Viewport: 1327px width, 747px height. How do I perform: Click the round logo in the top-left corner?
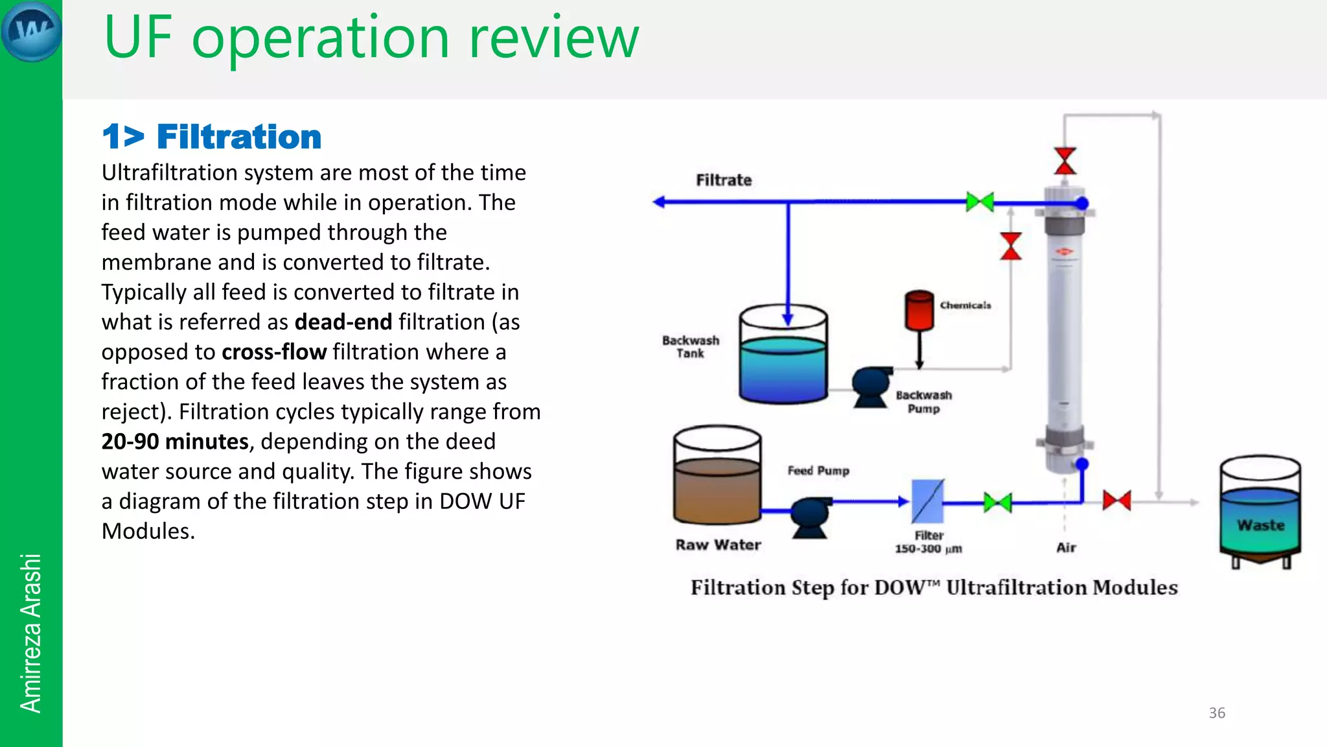tap(31, 31)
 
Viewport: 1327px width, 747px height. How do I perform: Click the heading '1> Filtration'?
tap(212, 137)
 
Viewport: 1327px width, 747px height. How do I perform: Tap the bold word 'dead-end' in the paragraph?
tap(343, 322)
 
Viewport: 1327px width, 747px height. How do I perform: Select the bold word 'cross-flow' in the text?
tap(274, 352)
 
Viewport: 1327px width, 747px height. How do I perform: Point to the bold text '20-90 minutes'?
tap(175, 442)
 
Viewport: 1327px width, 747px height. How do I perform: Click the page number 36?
tap(1217, 713)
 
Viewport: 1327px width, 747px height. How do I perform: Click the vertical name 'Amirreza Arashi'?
tap(30, 633)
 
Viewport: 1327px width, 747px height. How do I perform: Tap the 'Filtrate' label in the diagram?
tap(724, 180)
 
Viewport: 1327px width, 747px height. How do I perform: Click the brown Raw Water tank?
tap(717, 477)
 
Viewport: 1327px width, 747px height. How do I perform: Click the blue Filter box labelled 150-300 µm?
tap(927, 501)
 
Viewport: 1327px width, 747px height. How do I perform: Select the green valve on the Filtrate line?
tap(980, 202)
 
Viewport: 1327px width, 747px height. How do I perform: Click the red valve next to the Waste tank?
tap(1116, 501)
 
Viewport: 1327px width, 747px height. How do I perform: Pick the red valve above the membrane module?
tap(1065, 161)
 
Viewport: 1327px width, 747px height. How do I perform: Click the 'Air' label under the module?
tap(1066, 547)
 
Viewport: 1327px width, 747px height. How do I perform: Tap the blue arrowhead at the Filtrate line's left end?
tap(659, 202)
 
